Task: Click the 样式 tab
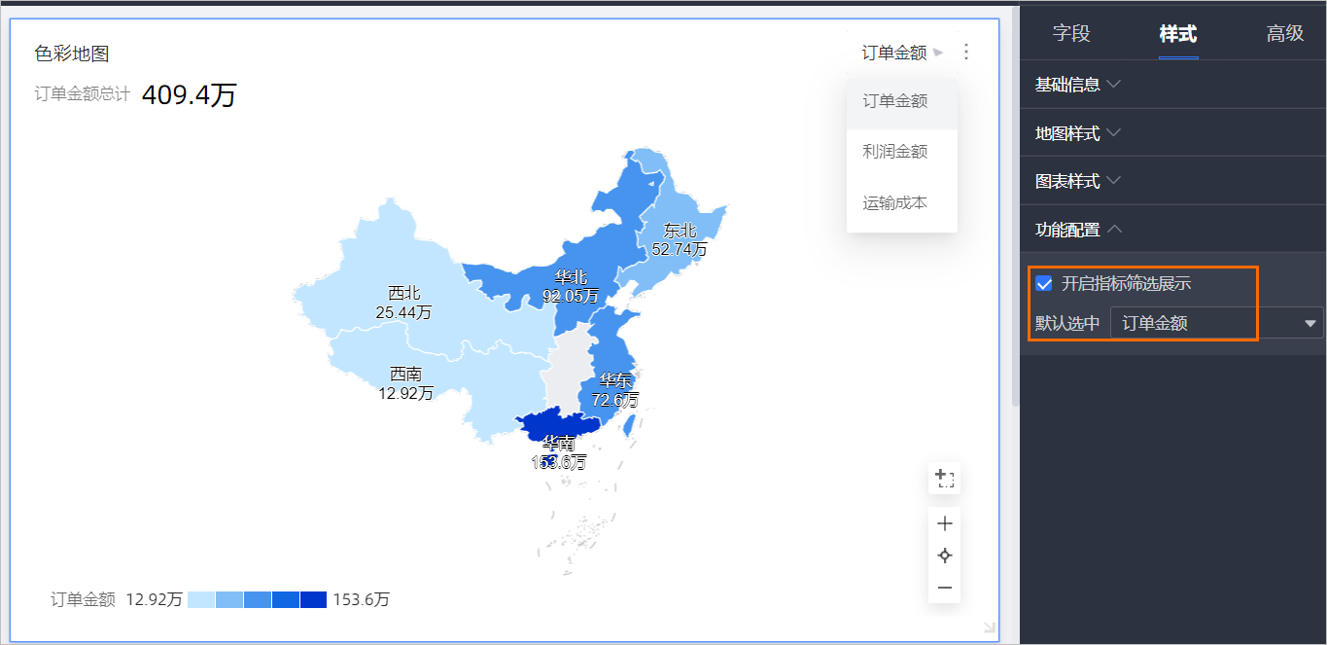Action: (1177, 34)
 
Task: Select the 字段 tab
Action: (1071, 34)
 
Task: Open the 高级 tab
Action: (1284, 34)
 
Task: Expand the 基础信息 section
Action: (1077, 85)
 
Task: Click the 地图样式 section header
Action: (1077, 133)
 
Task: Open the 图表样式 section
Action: (1077, 181)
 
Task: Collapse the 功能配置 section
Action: (1077, 230)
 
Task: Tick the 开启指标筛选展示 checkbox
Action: (1045, 284)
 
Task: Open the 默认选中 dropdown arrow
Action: (1310, 323)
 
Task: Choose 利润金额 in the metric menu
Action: (894, 152)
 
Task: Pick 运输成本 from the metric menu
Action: (894, 203)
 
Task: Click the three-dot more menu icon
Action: (965, 53)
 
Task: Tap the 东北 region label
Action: (680, 231)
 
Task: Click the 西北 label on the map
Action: (403, 293)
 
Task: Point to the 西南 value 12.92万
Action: (405, 394)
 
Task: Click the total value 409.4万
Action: (189, 95)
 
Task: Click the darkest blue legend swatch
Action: (313, 599)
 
